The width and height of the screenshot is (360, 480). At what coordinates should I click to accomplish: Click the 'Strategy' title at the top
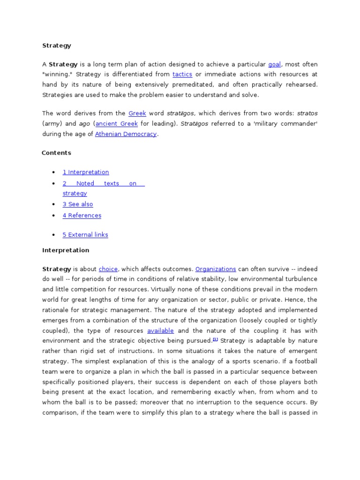(57, 45)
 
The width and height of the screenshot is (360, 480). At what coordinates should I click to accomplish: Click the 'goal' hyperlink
(274, 64)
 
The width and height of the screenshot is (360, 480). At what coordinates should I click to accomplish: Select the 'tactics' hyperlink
(182, 75)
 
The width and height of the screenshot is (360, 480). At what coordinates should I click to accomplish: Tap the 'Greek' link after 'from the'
(137, 113)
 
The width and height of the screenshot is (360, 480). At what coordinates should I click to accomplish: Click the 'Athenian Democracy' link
(126, 134)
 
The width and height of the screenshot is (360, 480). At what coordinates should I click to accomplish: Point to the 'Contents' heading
(56, 153)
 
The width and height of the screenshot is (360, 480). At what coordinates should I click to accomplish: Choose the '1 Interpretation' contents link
(86, 172)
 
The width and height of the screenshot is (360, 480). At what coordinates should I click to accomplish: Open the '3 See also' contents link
(78, 204)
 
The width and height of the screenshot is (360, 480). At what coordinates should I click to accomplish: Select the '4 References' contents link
(82, 216)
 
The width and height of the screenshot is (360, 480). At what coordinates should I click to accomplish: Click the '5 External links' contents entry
(85, 235)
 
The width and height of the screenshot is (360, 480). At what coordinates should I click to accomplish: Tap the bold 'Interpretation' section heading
(66, 250)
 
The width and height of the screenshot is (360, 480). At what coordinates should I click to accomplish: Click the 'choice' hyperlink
(108, 269)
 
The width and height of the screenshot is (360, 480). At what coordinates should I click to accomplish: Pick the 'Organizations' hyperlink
(216, 269)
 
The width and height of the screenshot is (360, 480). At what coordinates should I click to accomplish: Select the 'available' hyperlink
(160, 331)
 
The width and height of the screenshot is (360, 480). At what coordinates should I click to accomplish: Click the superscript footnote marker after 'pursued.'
(215, 339)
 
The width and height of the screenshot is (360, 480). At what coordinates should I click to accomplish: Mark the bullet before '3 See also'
(54, 204)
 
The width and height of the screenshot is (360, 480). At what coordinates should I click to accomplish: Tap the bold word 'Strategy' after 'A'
(60, 64)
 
